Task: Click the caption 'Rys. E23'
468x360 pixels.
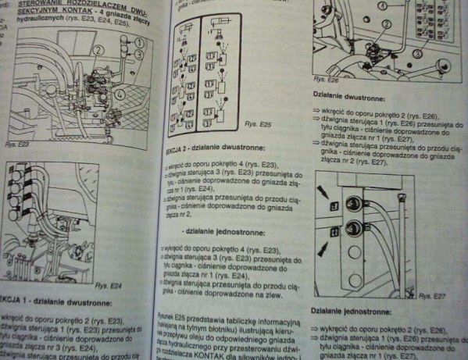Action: [x=17, y=145]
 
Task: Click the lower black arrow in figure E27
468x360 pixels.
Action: [x=323, y=247]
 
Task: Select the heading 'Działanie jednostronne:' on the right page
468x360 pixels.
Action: [x=348, y=310]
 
